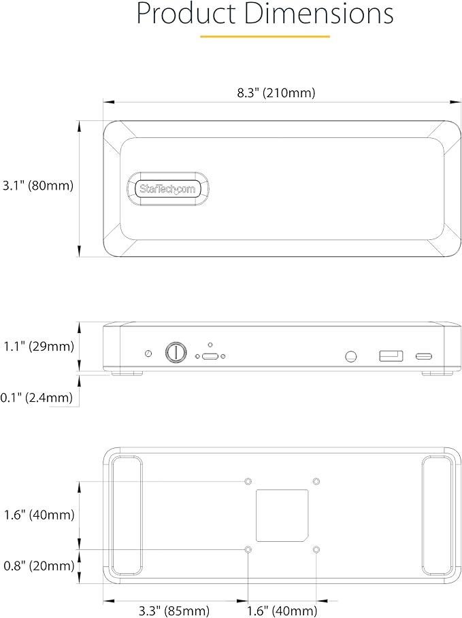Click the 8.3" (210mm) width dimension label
pyautogui.click(x=276, y=93)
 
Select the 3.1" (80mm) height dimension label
pyautogui.click(x=38, y=185)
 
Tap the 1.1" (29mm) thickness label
pyautogui.click(x=39, y=347)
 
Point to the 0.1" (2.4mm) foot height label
pyautogui.click(x=37, y=397)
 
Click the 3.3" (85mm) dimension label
pyautogui.click(x=174, y=611)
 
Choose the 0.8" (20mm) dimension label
pyautogui.click(x=39, y=566)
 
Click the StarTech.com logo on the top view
pyautogui.click(x=167, y=189)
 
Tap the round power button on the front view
pyautogui.click(x=176, y=351)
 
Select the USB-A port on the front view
pyautogui.click(x=391, y=356)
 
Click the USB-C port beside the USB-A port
pyautogui.click(x=424, y=356)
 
